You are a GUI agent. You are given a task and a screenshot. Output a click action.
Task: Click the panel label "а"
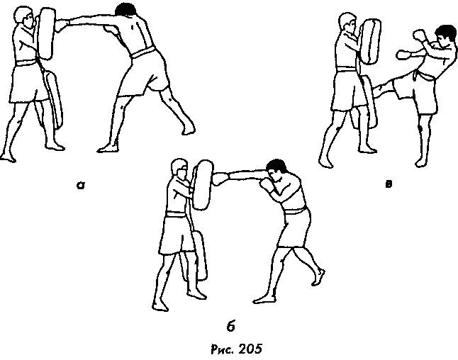(x=81, y=186)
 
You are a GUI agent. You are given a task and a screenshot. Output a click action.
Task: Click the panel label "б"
(x=230, y=326)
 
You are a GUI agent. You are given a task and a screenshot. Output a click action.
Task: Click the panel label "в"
(x=389, y=184)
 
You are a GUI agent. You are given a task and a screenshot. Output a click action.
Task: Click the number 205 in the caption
(x=250, y=349)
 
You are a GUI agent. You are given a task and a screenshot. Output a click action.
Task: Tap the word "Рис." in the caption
(x=223, y=349)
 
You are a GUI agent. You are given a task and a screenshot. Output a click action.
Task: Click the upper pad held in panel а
(x=47, y=33)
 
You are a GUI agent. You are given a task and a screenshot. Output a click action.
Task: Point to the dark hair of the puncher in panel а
(x=126, y=9)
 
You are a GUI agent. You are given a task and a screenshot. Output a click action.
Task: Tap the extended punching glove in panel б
(x=220, y=179)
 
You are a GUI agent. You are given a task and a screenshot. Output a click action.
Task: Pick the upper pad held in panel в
(x=370, y=42)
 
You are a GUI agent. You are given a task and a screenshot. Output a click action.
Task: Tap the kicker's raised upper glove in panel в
(x=419, y=35)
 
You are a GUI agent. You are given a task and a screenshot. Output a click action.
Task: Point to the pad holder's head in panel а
(x=25, y=17)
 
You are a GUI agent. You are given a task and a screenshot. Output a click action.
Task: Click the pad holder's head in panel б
(x=179, y=170)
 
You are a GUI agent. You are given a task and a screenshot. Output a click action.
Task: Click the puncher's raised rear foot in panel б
(x=318, y=277)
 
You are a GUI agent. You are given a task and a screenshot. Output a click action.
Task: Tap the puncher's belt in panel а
(x=143, y=52)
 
